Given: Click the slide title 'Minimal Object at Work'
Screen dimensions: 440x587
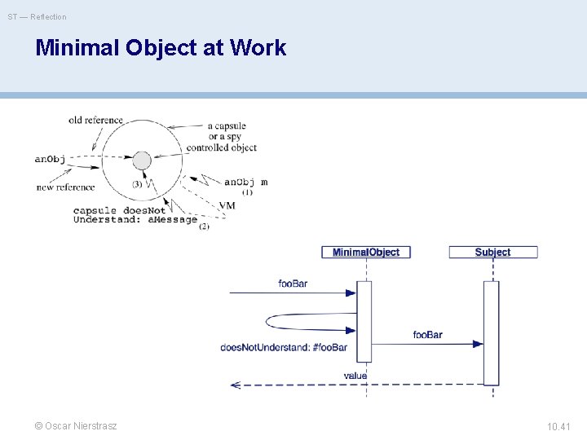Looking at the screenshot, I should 161,48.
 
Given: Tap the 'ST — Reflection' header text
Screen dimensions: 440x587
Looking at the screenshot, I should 38,16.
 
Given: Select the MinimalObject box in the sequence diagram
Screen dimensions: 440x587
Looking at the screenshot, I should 366,253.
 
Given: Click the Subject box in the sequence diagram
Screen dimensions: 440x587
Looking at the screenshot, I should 492,253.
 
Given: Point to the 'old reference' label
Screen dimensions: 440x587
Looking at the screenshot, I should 95,121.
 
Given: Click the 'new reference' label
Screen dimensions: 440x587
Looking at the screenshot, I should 65,187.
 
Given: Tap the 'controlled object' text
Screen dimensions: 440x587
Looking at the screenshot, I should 221,148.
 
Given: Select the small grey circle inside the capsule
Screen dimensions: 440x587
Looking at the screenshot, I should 142,161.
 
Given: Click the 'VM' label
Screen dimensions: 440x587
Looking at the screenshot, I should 227,205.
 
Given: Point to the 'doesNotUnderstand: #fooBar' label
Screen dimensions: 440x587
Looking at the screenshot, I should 284,347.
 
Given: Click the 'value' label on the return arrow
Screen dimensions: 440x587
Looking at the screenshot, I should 355,376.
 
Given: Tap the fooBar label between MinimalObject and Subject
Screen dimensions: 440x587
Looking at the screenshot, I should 427,335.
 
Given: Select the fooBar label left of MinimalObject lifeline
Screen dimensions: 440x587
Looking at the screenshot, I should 293,284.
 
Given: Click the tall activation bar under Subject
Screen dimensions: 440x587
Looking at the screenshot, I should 491,332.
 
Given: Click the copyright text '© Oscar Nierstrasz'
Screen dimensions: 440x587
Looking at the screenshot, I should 76,426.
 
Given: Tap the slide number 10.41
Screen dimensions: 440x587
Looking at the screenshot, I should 558,426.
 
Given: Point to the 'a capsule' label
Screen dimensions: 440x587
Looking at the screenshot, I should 227,126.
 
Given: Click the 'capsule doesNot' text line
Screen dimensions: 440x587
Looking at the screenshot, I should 119,210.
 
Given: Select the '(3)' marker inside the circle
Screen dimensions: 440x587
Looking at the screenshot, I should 137,184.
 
